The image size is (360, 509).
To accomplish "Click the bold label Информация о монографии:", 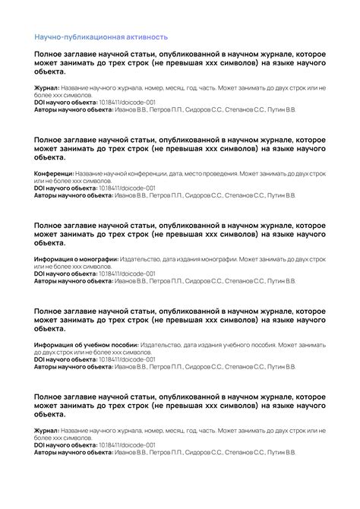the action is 75,259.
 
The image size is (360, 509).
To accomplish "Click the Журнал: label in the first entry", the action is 47,88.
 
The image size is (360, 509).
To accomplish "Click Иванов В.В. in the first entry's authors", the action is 131,110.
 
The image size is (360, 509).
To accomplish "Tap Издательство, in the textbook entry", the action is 162,345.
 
